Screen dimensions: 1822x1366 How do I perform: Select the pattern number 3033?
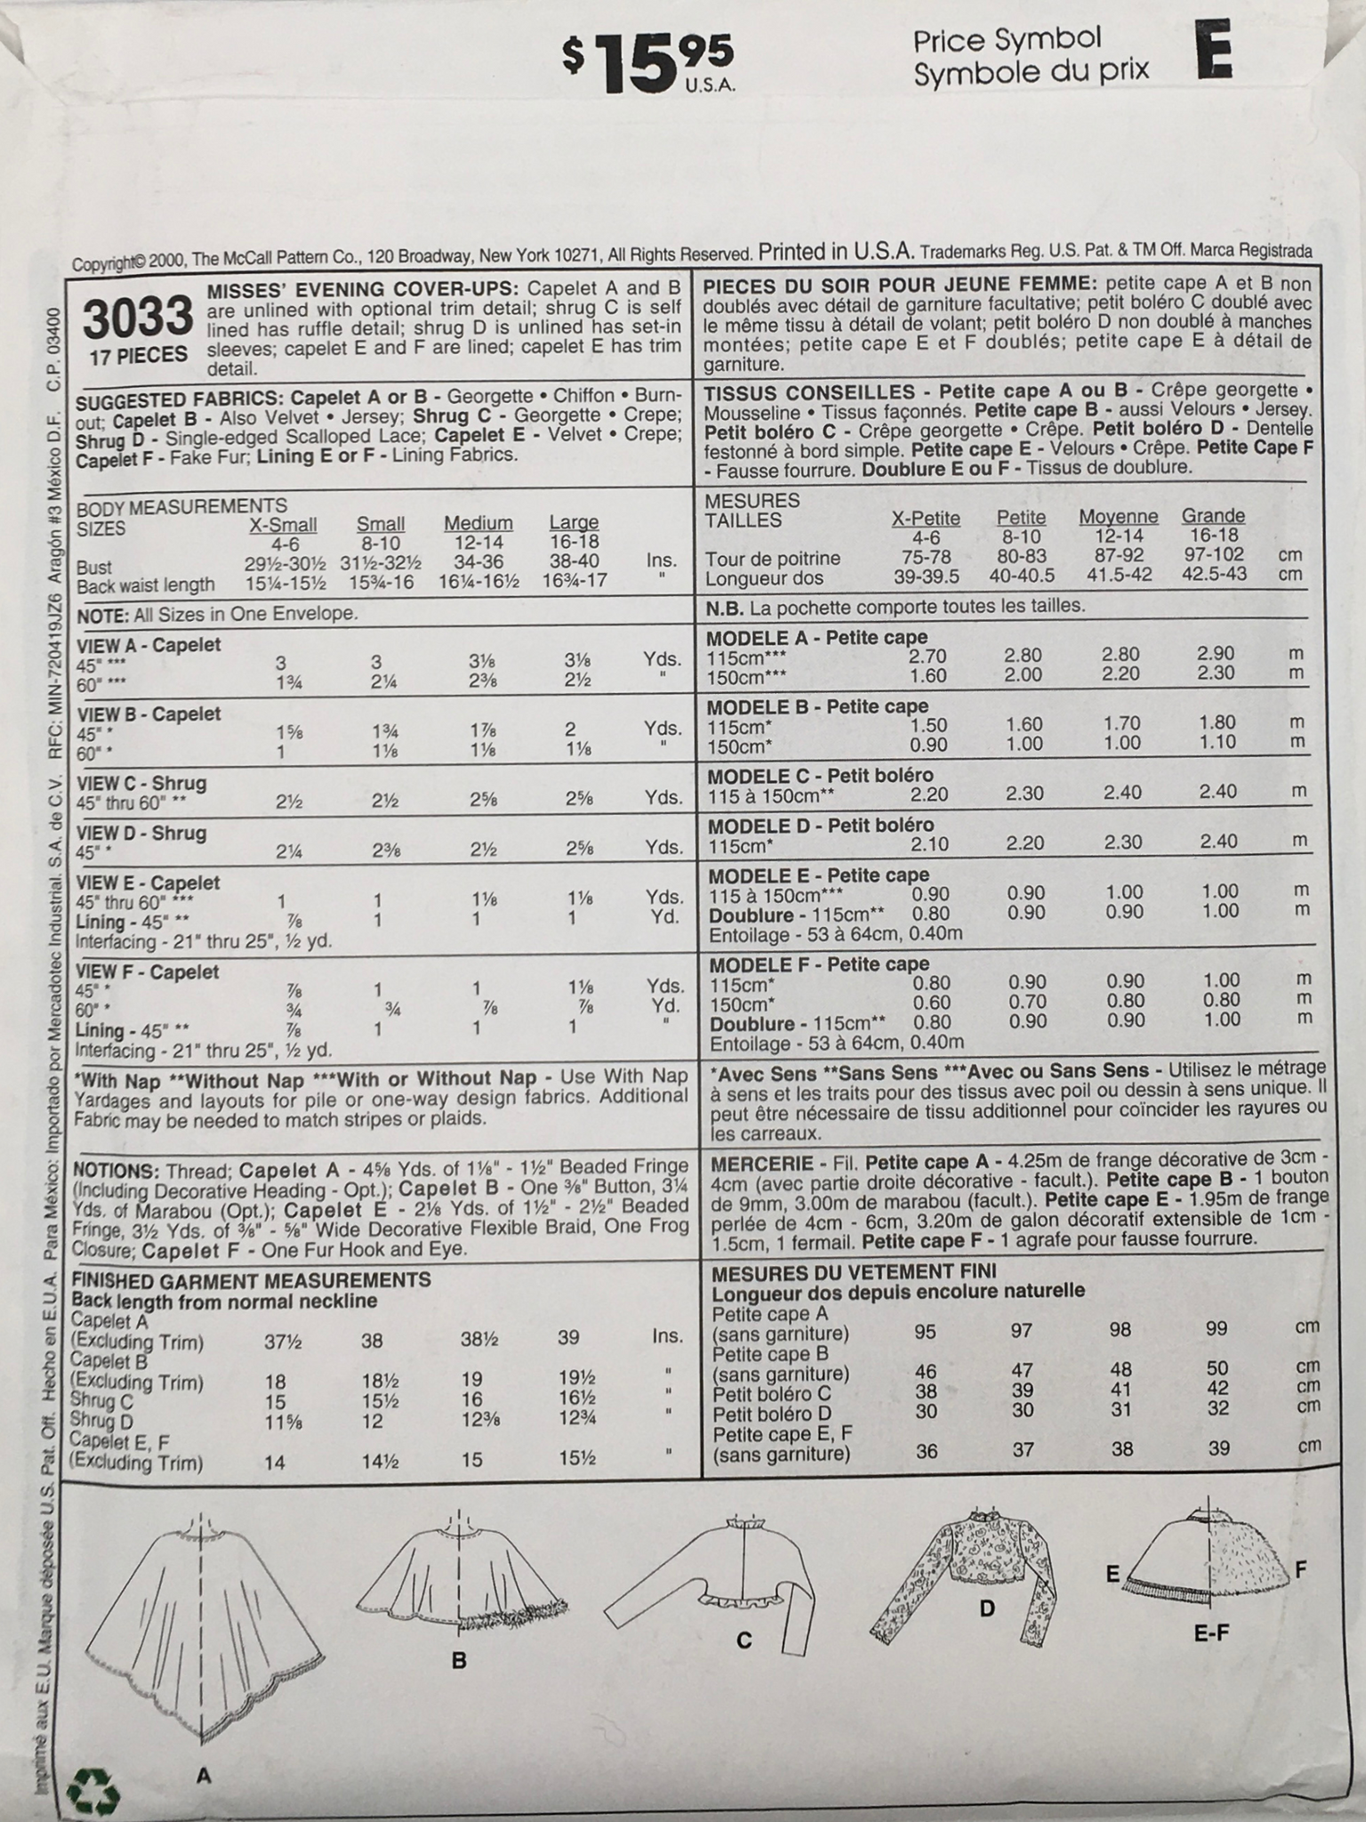coord(138,318)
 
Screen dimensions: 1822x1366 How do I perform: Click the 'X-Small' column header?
coord(281,525)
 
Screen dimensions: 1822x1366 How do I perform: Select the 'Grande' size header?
coord(1212,516)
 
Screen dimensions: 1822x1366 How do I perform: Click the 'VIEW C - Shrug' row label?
coord(142,784)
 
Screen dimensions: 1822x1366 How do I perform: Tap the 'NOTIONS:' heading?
coord(117,1170)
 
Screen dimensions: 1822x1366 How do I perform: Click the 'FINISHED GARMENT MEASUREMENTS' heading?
coord(253,1280)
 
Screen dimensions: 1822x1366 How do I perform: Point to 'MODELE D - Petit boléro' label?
coord(819,825)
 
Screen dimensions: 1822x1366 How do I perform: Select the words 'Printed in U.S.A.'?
coord(836,252)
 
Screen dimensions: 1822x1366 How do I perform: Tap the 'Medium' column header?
coord(478,523)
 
